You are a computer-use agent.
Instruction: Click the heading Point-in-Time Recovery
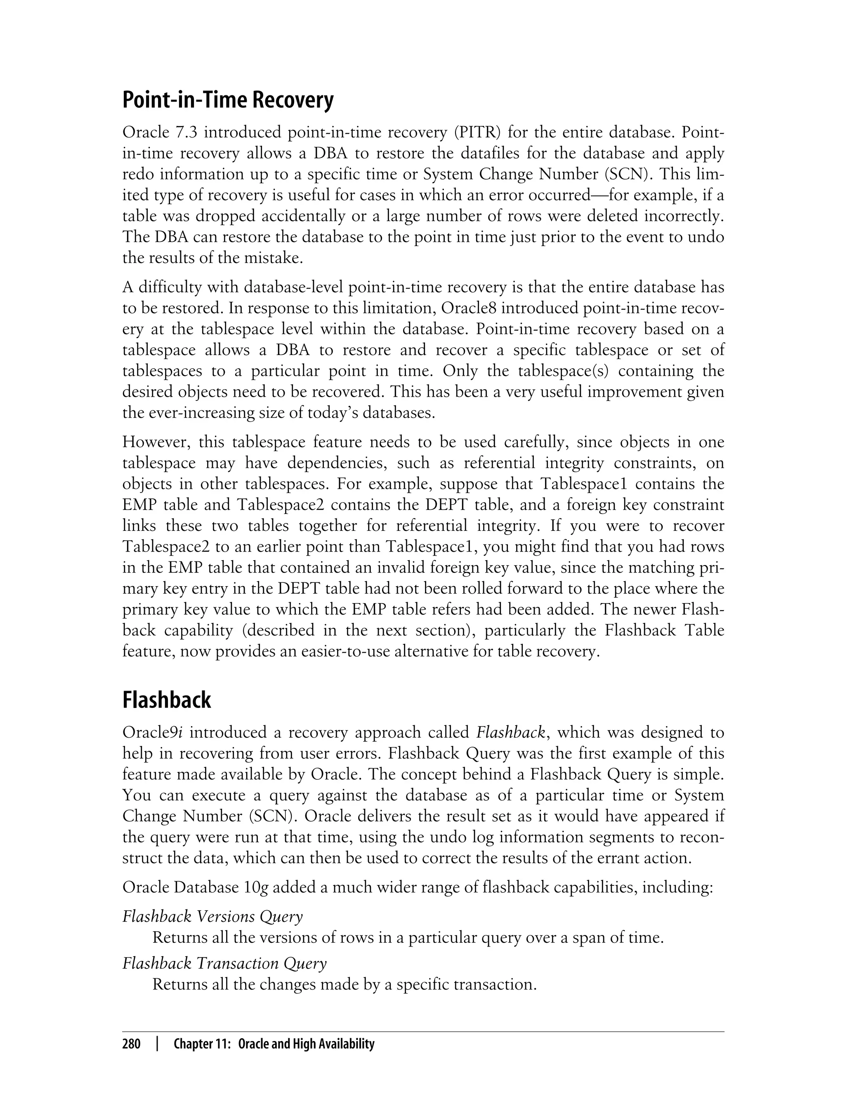click(228, 101)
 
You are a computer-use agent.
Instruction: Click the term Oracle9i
click(152, 732)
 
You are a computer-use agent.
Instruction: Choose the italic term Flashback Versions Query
click(212, 917)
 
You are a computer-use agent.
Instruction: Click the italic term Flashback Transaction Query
click(224, 963)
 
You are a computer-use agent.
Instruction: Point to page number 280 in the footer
click(132, 1044)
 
